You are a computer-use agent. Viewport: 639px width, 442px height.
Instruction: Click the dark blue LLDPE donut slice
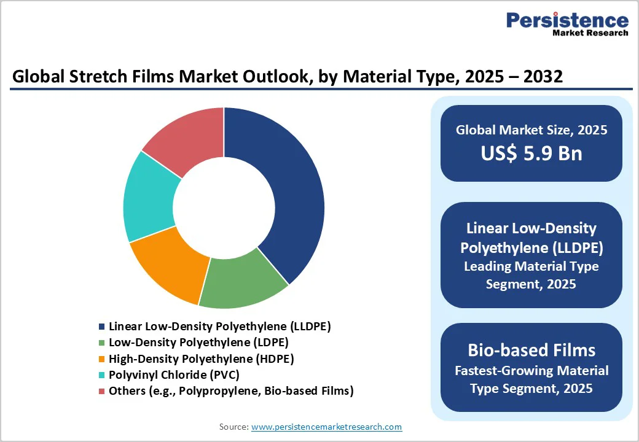point(289,196)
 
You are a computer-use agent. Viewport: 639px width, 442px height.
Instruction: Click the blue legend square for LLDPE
point(102,327)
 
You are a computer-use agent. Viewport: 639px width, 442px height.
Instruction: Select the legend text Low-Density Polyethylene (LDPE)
point(198,343)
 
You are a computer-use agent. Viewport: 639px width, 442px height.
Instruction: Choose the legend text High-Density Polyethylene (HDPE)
point(201,359)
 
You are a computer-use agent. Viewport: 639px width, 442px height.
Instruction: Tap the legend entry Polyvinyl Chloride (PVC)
point(174,374)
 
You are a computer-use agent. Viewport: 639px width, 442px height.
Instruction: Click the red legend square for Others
point(102,391)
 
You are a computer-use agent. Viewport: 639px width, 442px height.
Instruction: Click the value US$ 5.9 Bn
point(531,153)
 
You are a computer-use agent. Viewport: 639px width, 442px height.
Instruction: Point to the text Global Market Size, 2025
point(531,130)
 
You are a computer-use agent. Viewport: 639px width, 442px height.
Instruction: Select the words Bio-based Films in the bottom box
point(531,350)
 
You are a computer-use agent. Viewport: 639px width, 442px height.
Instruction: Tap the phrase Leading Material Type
point(531,266)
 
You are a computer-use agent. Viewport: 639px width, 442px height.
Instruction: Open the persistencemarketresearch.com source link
point(326,427)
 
